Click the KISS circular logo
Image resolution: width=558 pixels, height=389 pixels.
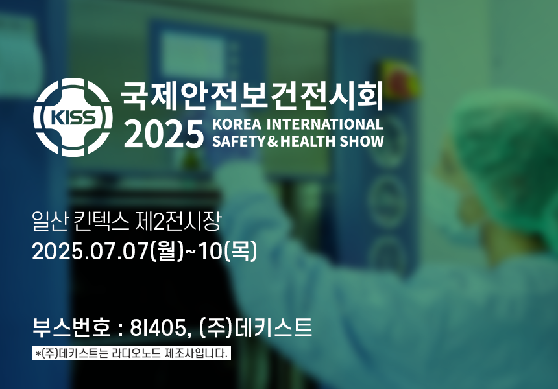pyautogui.click(x=73, y=117)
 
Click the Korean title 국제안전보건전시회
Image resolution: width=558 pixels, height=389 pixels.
pyautogui.click(x=252, y=96)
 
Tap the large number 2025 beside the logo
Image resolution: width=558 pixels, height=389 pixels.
pyautogui.click(x=164, y=134)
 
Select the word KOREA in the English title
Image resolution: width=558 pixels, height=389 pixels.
pyautogui.click(x=237, y=124)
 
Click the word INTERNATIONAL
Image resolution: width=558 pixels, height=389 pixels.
pyautogui.click(x=324, y=124)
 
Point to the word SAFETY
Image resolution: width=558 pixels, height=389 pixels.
pyautogui.click(x=239, y=141)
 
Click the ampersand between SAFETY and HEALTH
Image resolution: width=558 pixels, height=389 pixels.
pyautogui.click(x=273, y=141)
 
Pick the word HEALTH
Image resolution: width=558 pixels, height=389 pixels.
pyautogui.click(x=308, y=141)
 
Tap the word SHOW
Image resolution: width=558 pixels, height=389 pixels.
pyautogui.click(x=361, y=141)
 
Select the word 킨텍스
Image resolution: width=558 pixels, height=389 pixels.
pyautogui.click(x=101, y=221)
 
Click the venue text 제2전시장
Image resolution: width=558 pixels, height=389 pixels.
pyautogui.click(x=178, y=221)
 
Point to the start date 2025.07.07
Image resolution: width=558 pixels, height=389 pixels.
pyautogui.click(x=90, y=252)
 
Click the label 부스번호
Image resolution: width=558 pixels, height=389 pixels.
pyautogui.click(x=71, y=327)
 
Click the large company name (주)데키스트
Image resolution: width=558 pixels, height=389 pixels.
pyautogui.click(x=256, y=327)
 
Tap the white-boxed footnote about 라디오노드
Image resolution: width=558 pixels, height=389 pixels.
pyautogui.click(x=132, y=353)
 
